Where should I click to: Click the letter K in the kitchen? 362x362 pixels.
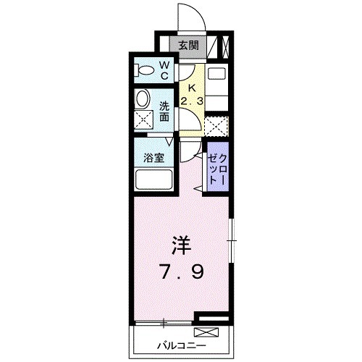click(191, 85)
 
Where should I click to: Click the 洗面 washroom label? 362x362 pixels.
click(164, 110)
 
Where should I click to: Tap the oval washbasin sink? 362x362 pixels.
click(143, 98)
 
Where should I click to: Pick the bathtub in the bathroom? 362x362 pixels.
click(153, 179)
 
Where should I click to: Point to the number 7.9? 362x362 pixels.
click(182, 272)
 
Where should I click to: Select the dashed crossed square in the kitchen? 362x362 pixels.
click(216, 126)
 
